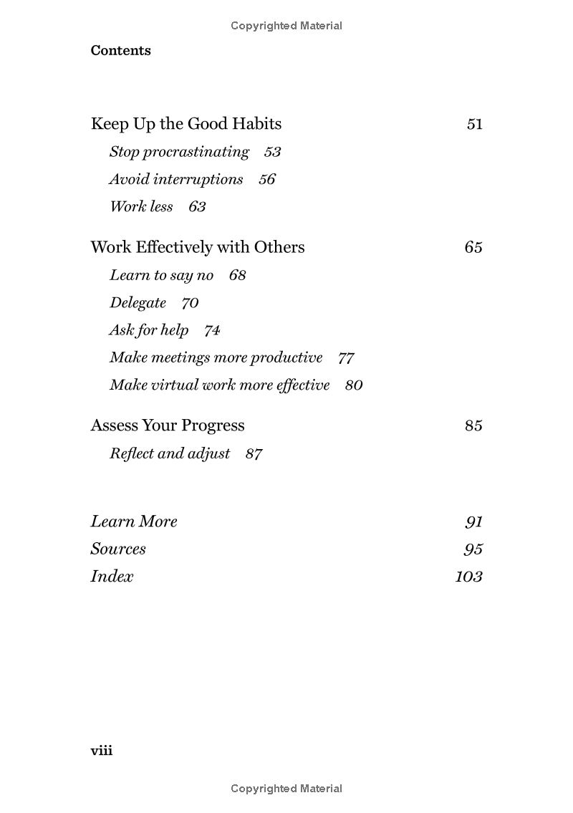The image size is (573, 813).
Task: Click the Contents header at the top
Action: coord(120,51)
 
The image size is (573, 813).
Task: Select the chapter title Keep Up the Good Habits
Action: coord(186,124)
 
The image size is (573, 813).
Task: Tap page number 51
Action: coord(474,124)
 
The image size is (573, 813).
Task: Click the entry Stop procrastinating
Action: coord(179,152)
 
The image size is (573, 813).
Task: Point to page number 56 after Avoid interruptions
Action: coord(266,180)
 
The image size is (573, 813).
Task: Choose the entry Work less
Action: coord(141,207)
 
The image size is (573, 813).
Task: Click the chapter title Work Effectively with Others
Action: coord(198,247)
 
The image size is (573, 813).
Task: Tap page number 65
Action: coord(473,247)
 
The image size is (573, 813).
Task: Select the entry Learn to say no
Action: coord(161,275)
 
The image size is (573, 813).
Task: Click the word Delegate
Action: coord(138,303)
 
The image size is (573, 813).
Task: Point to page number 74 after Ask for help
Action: coord(212,330)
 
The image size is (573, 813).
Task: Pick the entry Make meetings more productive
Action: coord(216,357)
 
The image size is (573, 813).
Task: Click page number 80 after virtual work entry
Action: coord(354,385)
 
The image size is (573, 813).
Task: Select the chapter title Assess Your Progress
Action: coord(168,425)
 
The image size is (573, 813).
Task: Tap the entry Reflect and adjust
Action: coord(170,453)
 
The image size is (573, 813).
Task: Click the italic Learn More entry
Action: coord(134,521)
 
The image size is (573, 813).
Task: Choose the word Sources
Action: coord(118,549)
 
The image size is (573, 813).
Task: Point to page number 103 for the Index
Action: coord(468,577)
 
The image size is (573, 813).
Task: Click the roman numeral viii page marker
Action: coord(102,751)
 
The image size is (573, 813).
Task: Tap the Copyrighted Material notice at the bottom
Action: coord(286,789)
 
